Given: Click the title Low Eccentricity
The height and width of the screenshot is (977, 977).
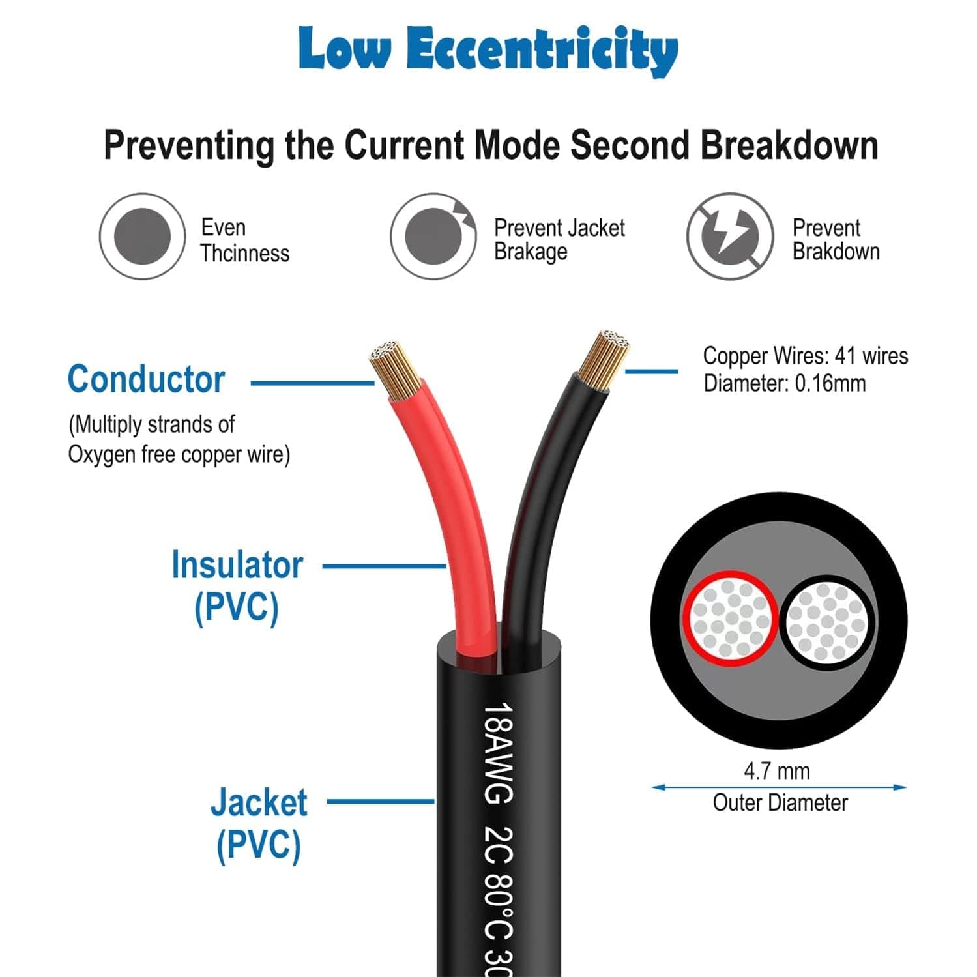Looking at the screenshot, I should (488, 49).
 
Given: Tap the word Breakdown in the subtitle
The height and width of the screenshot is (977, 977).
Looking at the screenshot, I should (789, 145).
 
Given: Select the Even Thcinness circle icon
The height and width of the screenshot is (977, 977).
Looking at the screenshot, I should (142, 236).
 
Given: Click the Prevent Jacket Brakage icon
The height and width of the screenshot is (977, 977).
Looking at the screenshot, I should (433, 236).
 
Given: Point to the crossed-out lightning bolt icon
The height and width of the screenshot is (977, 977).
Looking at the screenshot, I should (729, 236).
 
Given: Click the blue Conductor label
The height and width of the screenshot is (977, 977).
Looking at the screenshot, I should (146, 379).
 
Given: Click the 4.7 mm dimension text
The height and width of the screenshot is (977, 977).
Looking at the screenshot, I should (777, 771).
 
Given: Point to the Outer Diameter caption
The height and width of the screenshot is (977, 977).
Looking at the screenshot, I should (780, 802).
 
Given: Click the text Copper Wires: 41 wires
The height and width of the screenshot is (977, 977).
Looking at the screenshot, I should (805, 356).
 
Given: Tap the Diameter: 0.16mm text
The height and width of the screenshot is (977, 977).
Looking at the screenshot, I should (784, 383).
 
